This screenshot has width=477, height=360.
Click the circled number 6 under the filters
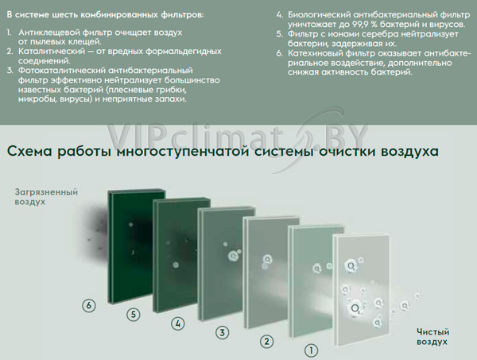point(89,305)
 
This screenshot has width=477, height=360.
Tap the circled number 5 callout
point(134,314)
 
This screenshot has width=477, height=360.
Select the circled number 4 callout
point(178,323)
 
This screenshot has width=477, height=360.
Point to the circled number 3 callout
point(223,332)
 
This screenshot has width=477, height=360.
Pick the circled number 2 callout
point(267,341)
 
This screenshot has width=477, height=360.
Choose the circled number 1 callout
point(311,350)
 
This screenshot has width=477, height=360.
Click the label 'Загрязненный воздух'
point(46,197)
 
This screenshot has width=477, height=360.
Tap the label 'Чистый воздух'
point(433,337)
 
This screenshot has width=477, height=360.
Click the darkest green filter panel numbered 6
point(136,246)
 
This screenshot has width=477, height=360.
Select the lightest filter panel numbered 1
point(362,289)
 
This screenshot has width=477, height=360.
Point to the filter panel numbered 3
point(226,264)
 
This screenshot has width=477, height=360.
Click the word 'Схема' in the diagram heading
point(29,151)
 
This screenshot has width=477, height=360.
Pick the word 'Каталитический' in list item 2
point(52,51)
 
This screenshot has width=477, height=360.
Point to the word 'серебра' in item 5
point(380,34)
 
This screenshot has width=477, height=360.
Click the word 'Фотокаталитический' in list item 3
point(62,71)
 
